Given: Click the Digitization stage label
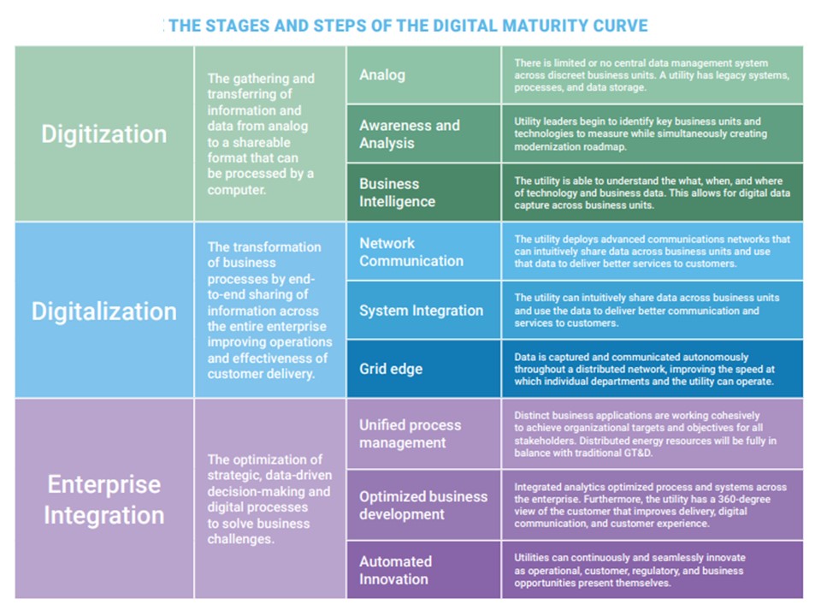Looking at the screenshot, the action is pos(104,134).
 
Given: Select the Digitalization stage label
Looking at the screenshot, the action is pos(104,311).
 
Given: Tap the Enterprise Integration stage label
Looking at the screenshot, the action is pos(104,499).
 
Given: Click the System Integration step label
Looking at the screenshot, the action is pos(421,311).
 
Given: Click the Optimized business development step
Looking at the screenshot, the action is pos(423,505).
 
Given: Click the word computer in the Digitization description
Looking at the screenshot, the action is pos(236,190).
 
